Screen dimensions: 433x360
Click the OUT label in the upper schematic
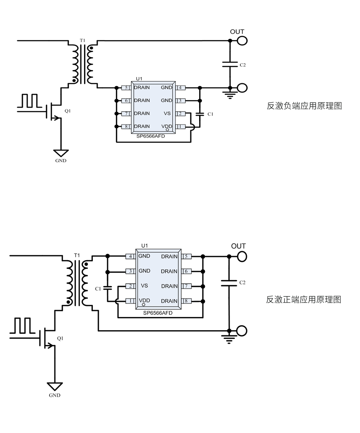(x=237, y=32)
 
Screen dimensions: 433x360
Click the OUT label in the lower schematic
(x=238, y=246)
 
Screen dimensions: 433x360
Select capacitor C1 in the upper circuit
(x=200, y=114)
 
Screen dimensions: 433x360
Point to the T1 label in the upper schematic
(x=82, y=40)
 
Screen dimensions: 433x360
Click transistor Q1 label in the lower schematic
(x=60, y=339)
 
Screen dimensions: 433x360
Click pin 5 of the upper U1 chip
(x=126, y=88)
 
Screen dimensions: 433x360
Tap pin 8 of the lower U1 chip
(x=186, y=301)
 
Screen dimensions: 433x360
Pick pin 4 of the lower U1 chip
(x=130, y=256)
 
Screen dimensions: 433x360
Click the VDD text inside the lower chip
(x=144, y=301)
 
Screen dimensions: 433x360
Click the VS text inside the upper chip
(x=167, y=114)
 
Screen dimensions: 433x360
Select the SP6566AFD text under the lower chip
(x=158, y=313)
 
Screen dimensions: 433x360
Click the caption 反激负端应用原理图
(x=304, y=106)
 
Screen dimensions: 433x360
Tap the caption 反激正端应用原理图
(x=304, y=300)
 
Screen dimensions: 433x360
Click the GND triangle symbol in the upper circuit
(x=61, y=153)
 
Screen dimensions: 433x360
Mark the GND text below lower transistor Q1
(x=55, y=395)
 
